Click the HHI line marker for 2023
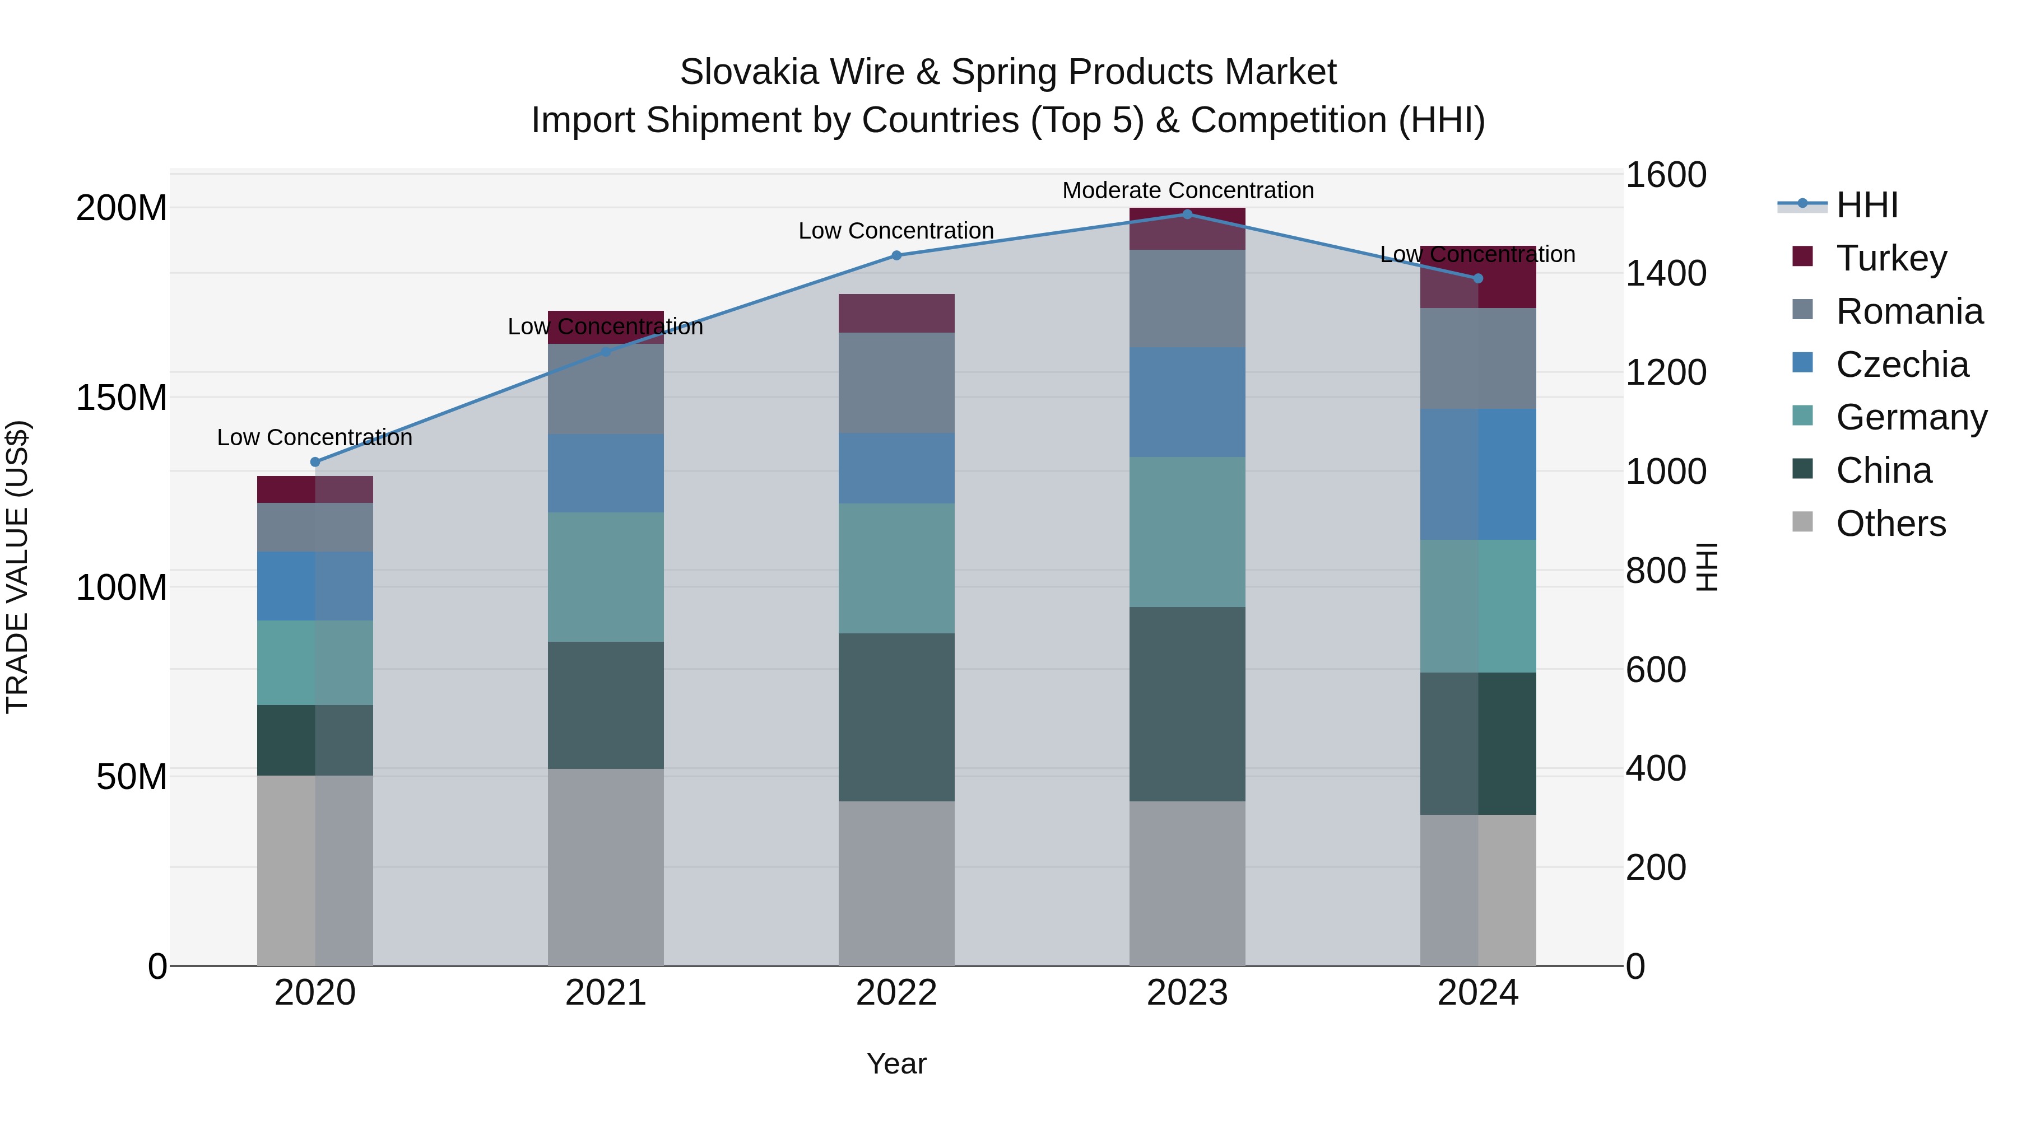point(1187,214)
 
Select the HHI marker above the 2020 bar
point(315,462)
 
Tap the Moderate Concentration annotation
point(1187,190)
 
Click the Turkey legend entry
point(1890,258)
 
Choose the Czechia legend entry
point(1901,364)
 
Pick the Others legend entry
point(1890,523)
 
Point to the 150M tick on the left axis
point(122,398)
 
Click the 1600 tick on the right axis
point(1666,175)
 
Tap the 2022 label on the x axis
point(896,992)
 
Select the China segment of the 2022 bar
point(896,716)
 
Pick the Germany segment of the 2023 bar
point(1187,531)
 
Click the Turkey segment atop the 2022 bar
point(896,313)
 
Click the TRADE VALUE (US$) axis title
point(17,567)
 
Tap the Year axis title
point(896,1063)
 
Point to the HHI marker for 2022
point(896,255)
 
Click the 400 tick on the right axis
point(1655,768)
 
